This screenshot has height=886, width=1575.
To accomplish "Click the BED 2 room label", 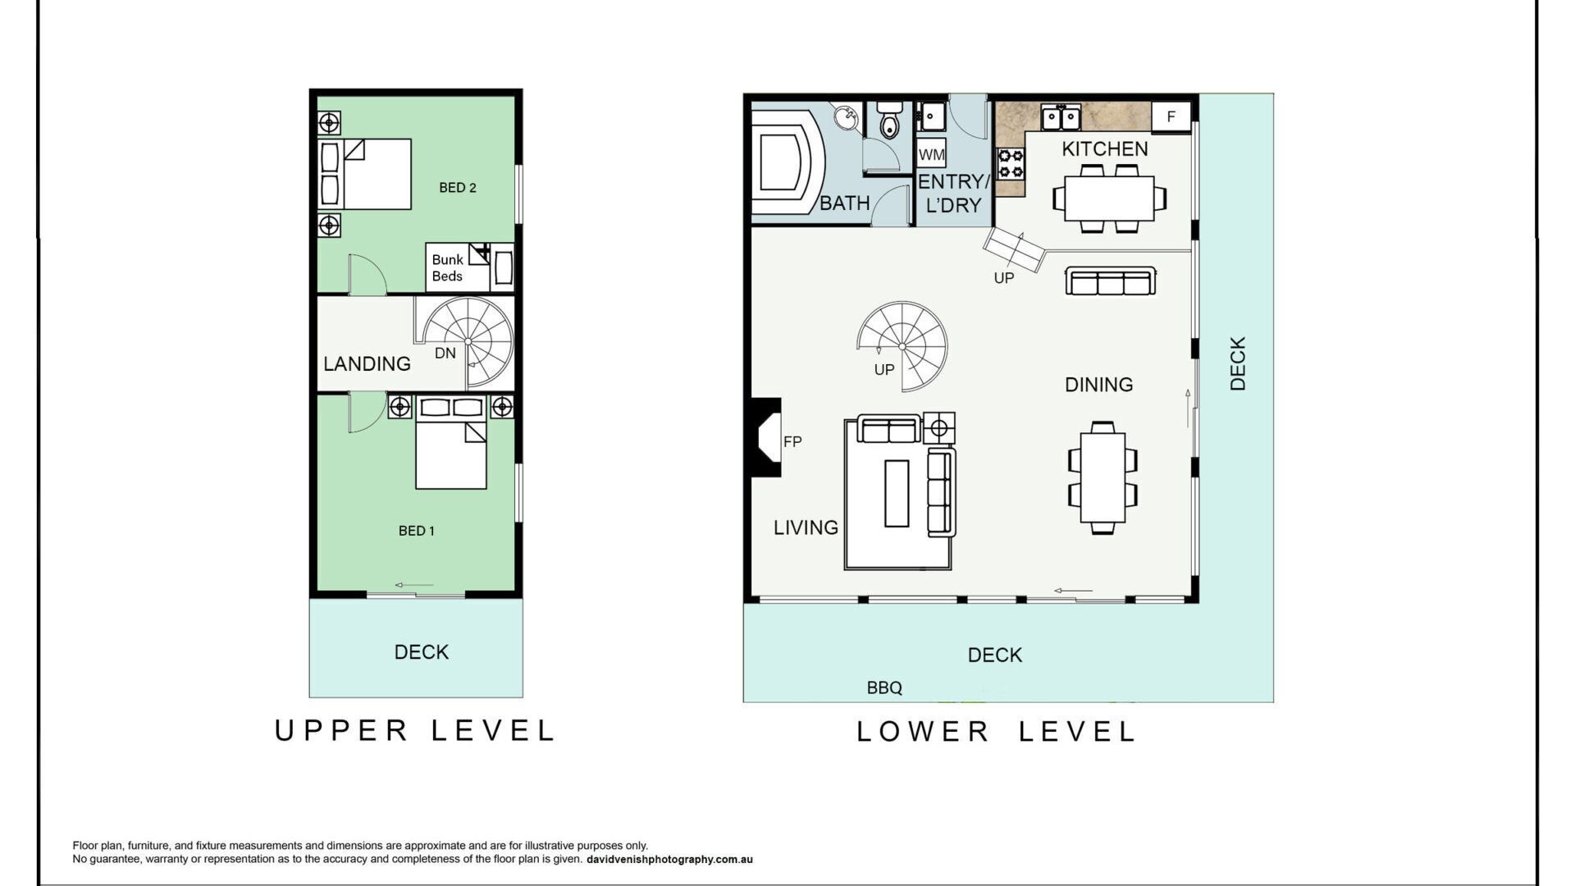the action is [x=458, y=188].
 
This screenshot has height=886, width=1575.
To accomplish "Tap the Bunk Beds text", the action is [x=448, y=268].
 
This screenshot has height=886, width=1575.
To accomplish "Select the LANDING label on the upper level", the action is [x=367, y=363].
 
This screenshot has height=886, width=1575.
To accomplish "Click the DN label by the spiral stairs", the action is [x=445, y=354].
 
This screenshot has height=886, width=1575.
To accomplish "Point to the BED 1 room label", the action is [x=417, y=531].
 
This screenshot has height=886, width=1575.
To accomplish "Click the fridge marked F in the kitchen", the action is [x=1171, y=116].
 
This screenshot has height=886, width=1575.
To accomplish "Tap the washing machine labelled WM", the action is [x=932, y=154].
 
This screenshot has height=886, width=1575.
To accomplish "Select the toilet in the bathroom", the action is [x=889, y=119].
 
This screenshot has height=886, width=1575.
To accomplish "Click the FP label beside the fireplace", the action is [x=792, y=441].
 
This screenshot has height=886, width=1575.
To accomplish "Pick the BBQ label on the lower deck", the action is [x=884, y=688].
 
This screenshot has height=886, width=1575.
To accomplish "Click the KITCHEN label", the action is [x=1105, y=148].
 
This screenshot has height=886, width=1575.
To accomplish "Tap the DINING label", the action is [x=1099, y=384].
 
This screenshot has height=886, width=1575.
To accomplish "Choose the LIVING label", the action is [x=806, y=527].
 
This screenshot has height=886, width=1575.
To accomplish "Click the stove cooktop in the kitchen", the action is [x=1011, y=163].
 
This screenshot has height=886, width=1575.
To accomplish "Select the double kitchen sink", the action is [x=1061, y=117].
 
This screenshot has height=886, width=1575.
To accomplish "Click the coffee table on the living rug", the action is [x=897, y=493].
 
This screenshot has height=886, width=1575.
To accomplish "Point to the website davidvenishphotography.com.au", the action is [x=669, y=860].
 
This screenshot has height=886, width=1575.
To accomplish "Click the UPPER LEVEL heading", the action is [x=415, y=730].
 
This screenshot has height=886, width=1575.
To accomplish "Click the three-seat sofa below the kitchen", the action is [x=1111, y=281].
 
